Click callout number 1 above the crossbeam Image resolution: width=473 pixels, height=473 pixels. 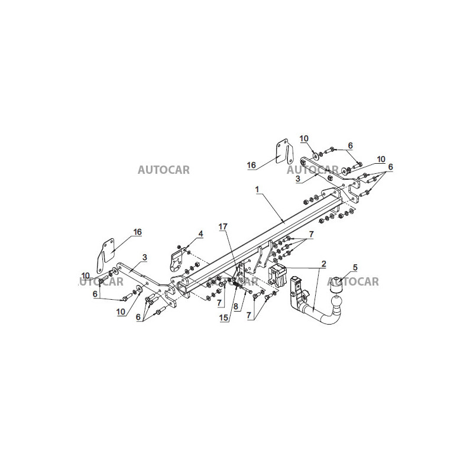pyautogui.click(x=257, y=189)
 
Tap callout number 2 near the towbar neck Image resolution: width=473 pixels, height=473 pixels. pyautogui.click(x=323, y=264)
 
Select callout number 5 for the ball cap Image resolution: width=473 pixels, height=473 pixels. pyautogui.click(x=355, y=267)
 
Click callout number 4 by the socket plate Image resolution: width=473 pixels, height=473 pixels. pyautogui.click(x=200, y=234)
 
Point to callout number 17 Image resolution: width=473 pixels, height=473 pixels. pyautogui.click(x=223, y=226)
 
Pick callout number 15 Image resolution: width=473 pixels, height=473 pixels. pyautogui.click(x=224, y=318)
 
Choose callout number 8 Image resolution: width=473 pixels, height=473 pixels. pyautogui.click(x=235, y=307)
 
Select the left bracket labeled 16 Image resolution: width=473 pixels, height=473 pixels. pyautogui.click(x=106, y=256)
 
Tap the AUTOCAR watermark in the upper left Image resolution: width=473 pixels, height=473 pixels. pyautogui.click(x=164, y=170)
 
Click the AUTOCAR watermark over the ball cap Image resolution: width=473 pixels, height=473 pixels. pyautogui.click(x=352, y=282)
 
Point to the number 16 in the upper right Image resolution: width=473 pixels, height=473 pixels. pyautogui.click(x=251, y=165)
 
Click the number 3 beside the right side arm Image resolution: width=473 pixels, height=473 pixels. pyautogui.click(x=298, y=179)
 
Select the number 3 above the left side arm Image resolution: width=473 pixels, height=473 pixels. pyautogui.click(x=145, y=257)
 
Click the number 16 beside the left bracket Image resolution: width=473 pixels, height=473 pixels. pyautogui.click(x=137, y=232)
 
